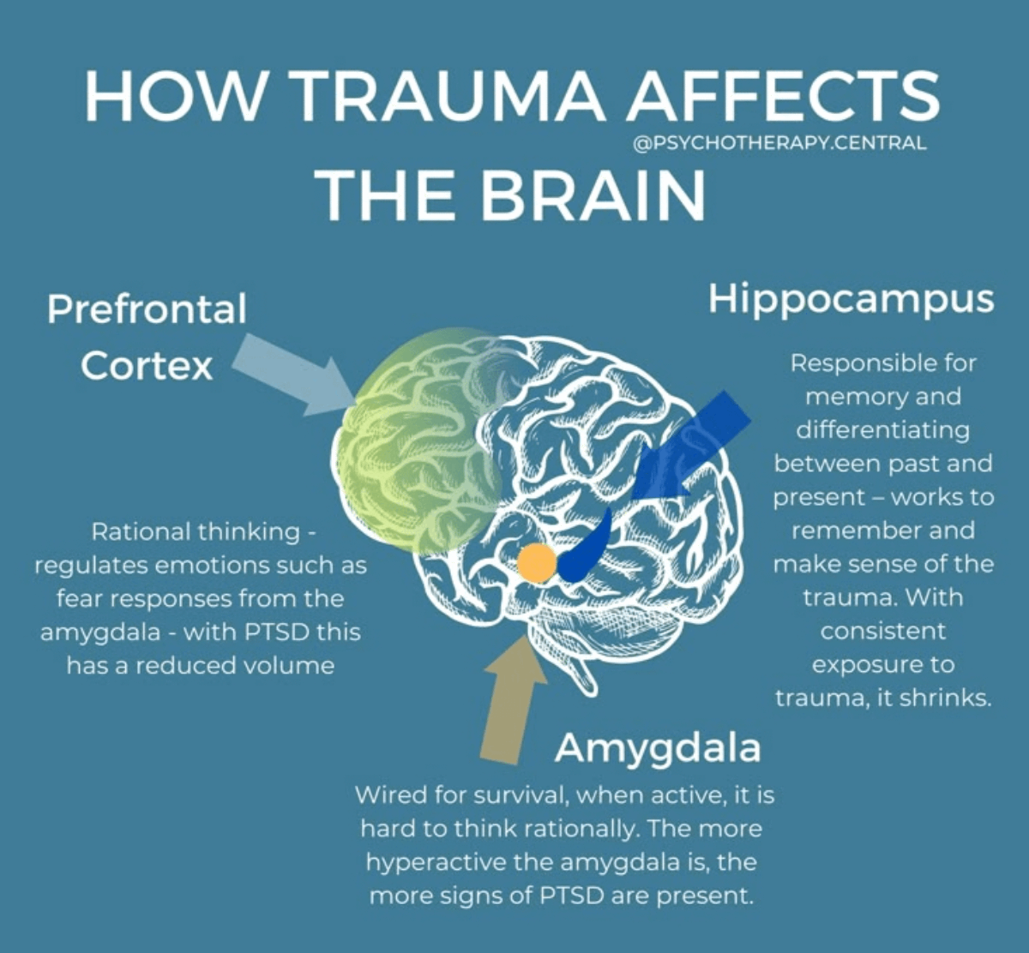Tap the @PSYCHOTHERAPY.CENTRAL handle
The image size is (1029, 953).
[779, 143]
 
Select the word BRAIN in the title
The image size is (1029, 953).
[593, 195]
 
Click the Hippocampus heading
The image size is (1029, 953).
[851, 299]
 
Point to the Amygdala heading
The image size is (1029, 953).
[658, 747]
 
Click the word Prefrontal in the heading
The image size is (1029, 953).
[147, 309]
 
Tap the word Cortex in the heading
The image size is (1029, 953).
[147, 366]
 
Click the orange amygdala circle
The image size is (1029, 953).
[537, 563]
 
